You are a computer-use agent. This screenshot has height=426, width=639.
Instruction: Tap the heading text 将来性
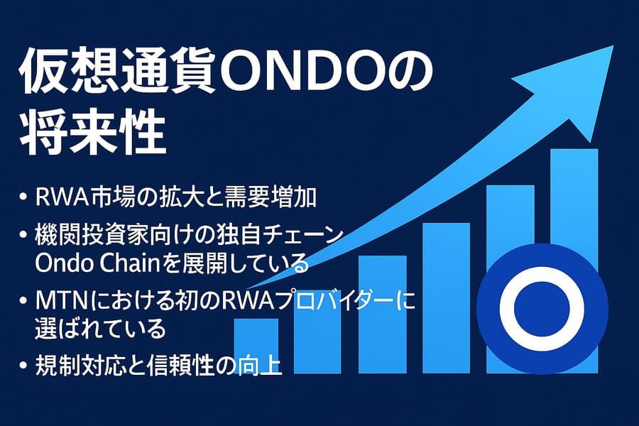point(92,133)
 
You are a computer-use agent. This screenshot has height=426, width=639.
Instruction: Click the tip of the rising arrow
point(613,46)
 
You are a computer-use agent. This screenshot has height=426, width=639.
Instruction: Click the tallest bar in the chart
point(574,261)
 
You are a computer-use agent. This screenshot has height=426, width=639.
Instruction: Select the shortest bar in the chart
point(256,346)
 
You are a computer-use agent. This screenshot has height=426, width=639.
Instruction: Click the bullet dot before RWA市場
point(23,197)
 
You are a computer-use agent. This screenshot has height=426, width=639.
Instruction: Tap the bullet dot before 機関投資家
point(23,236)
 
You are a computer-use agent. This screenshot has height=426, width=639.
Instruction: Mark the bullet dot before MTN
point(23,301)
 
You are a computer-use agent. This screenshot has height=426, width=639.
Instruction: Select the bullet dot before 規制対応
point(23,364)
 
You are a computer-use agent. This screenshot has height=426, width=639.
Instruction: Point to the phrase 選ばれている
point(100,328)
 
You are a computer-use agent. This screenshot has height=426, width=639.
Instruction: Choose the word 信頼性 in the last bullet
point(190,364)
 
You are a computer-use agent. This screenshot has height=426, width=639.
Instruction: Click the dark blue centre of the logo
point(542,309)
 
